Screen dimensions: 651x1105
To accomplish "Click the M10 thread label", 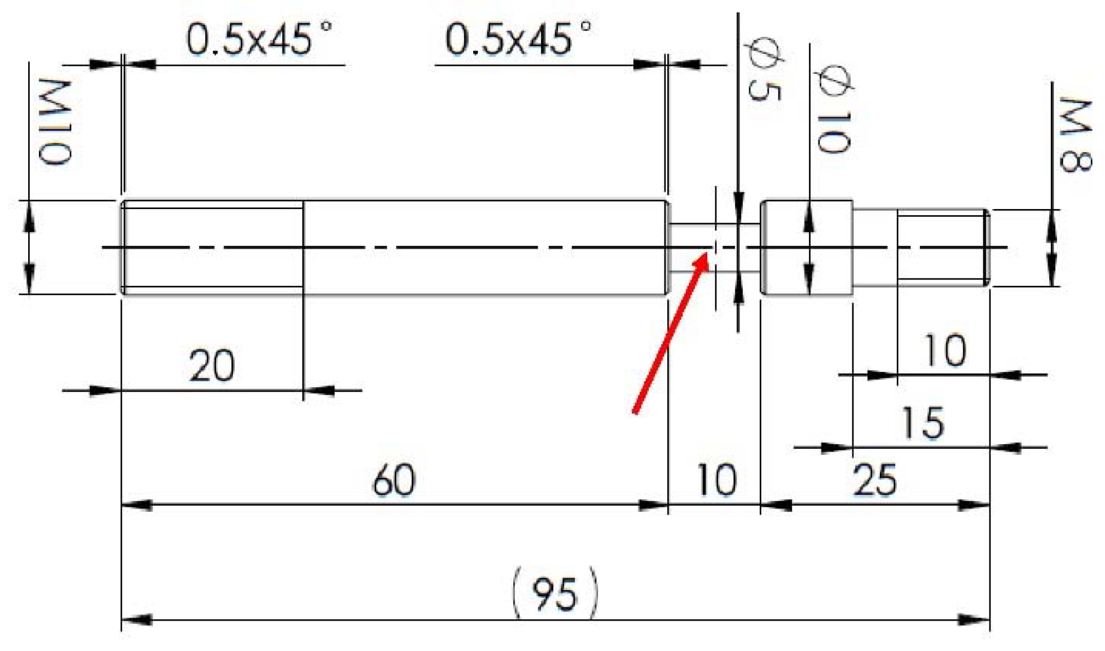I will (x=55, y=122).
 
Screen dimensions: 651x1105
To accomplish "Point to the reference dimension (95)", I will (x=554, y=594).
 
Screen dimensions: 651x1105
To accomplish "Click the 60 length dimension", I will (x=394, y=480).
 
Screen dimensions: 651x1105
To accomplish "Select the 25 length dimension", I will (x=874, y=480).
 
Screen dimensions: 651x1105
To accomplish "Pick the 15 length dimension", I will (x=922, y=423).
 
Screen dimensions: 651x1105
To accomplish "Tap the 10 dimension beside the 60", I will (x=716, y=480).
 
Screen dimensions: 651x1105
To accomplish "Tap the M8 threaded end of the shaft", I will (x=942, y=248).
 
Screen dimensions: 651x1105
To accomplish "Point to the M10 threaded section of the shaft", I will (x=212, y=248).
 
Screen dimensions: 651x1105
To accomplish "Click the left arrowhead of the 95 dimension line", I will (x=135, y=620).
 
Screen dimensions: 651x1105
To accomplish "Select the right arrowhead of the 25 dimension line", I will (x=976, y=505).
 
